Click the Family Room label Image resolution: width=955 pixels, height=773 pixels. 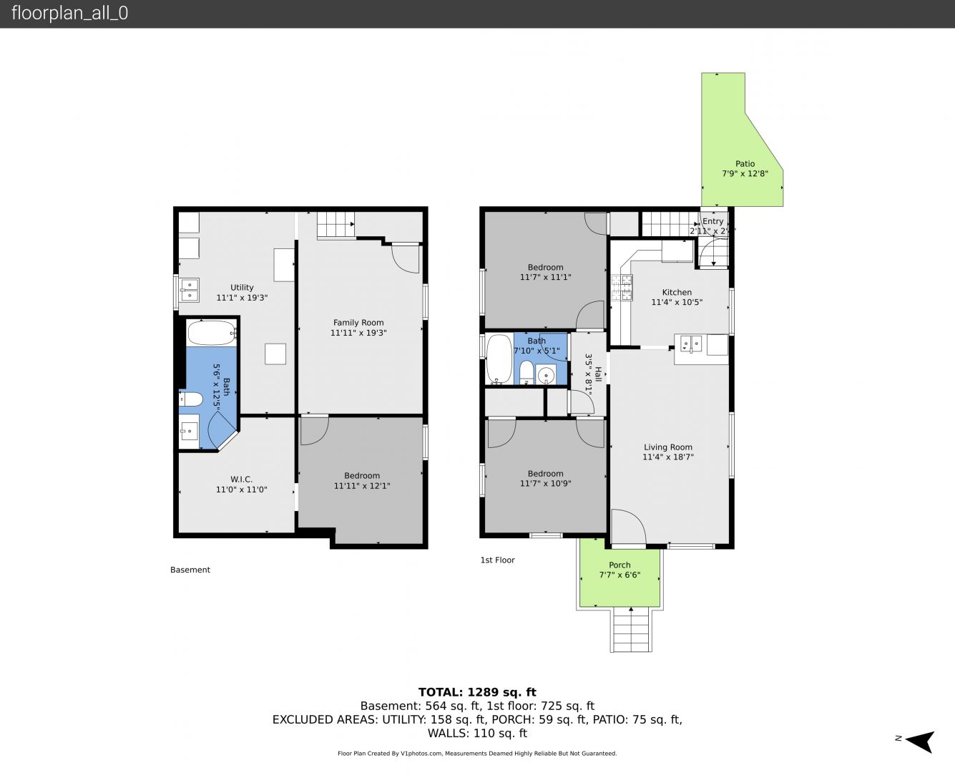coord(358,322)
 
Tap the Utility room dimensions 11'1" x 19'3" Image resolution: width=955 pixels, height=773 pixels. coord(242,298)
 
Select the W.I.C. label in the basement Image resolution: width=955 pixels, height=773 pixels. coord(241,479)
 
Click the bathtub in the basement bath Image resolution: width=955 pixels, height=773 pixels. coord(212,333)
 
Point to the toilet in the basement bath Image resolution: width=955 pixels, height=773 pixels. coord(191,399)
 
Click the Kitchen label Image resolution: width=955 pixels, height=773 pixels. coord(677,292)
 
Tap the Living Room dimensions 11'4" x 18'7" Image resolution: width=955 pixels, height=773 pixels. coord(668,457)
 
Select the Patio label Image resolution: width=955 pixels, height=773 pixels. coord(745,164)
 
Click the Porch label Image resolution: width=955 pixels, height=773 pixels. coord(619,565)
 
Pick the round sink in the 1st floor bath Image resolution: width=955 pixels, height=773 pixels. coord(546,374)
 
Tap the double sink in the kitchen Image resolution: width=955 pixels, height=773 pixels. coord(691,344)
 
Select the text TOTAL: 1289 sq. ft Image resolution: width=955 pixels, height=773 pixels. coord(477,692)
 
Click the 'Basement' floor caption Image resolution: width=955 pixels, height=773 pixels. coord(190,570)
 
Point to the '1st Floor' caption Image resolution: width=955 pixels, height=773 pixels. coord(498,560)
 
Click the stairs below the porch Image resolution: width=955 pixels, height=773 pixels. coord(631,630)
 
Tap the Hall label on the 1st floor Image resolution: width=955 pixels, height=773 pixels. coord(598,374)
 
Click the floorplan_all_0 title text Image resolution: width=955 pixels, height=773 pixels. coord(70,13)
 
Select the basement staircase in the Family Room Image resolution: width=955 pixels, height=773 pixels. coord(336,224)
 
